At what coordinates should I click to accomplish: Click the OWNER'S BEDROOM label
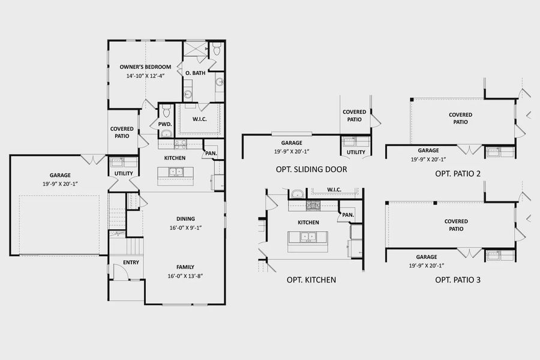(145, 67)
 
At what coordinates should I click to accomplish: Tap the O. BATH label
(195, 73)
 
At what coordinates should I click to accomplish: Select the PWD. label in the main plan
(165, 124)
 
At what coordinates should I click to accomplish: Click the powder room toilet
(166, 112)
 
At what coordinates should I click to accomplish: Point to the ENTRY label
(131, 262)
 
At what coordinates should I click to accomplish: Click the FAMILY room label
(185, 267)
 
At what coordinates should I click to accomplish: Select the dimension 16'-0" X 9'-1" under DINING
(185, 227)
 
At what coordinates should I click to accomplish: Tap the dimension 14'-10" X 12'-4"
(145, 76)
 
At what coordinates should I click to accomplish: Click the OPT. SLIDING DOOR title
(311, 169)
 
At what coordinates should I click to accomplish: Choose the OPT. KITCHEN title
(311, 280)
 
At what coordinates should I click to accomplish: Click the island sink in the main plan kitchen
(176, 172)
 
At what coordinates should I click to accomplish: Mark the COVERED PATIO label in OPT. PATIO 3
(456, 225)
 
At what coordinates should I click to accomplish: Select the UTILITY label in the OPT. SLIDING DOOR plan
(356, 152)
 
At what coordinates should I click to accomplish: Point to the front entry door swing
(121, 273)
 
